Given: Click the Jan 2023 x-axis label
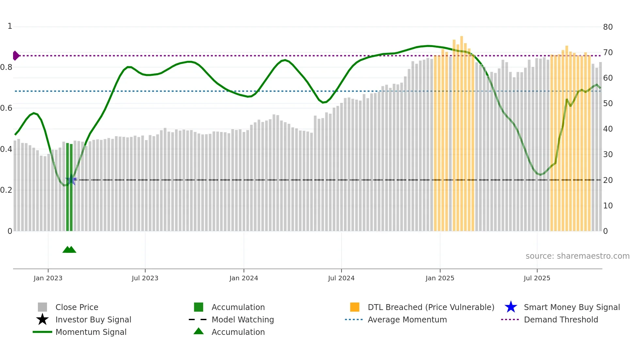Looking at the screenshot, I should click(x=48, y=278).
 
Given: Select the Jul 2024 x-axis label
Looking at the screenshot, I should click(x=341, y=278).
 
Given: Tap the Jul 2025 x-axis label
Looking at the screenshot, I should click(x=537, y=278).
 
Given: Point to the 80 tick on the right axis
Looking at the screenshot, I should click(x=608, y=27).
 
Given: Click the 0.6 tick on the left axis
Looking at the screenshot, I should click(x=6, y=108).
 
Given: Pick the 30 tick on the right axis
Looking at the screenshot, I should click(x=608, y=154).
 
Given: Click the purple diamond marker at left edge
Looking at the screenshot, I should click(x=16, y=56).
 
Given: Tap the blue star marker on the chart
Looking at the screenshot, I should click(x=71, y=180).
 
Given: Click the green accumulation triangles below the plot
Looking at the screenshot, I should click(x=69, y=250).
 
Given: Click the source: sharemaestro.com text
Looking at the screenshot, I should click(x=577, y=256).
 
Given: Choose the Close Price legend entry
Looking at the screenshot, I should click(x=77, y=307).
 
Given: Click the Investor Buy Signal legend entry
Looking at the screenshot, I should click(x=93, y=319).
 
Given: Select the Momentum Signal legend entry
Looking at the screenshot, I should click(x=91, y=332).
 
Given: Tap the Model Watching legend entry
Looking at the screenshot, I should click(x=243, y=319).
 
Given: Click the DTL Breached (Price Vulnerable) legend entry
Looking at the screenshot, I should click(x=431, y=307).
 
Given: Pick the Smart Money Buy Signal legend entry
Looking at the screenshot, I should click(x=571, y=307).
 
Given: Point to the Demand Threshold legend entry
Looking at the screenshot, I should click(x=561, y=319).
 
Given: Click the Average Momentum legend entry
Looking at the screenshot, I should click(x=407, y=319).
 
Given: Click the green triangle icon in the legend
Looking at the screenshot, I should click(x=199, y=331).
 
